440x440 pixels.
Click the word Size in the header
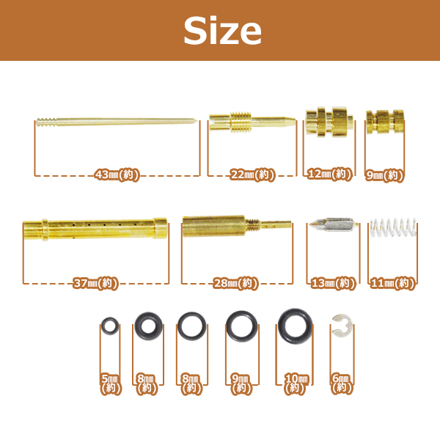coord(222,30)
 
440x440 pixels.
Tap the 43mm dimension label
coord(117,175)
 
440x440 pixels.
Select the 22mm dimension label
coord(252,175)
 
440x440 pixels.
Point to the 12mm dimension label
coord(329,175)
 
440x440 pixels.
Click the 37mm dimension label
coord(95,283)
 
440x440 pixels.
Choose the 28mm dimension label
coord(235,283)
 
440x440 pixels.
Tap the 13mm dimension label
coord(334,283)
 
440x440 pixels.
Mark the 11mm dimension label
coord(392,283)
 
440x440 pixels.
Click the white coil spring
coord(393,227)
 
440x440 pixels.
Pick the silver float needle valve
coord(333,224)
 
